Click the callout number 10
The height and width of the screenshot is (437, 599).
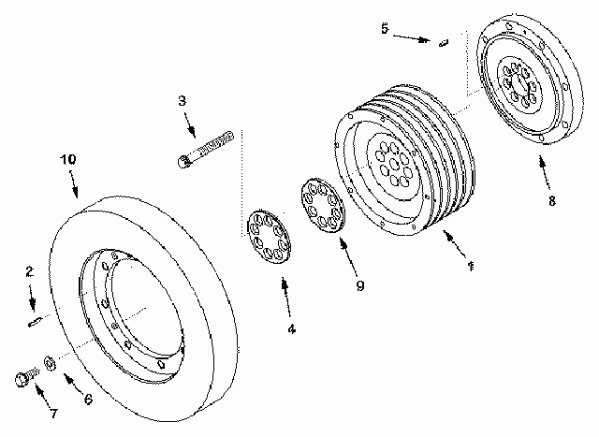[x=67, y=160]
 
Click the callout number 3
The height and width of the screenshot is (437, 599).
[x=182, y=99]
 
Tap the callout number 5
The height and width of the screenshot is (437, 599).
[x=384, y=29]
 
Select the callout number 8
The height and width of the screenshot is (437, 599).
[x=552, y=199]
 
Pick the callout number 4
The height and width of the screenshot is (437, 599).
[x=291, y=328]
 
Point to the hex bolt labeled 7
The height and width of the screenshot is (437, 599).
[x=25, y=378]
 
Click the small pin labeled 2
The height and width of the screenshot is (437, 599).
[x=35, y=324]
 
